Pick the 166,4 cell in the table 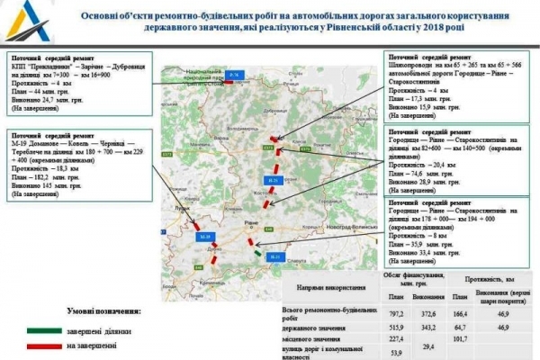click(459, 311)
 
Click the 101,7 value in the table click(459, 339)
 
